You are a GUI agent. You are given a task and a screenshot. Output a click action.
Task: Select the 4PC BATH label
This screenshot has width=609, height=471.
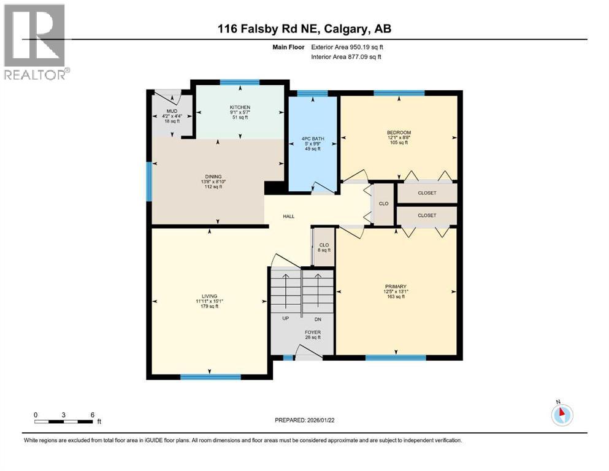point(313,139)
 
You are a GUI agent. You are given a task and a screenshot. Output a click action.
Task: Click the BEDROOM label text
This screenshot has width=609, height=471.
point(398,132)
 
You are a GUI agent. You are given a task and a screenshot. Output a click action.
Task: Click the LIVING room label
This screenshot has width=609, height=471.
point(209,296)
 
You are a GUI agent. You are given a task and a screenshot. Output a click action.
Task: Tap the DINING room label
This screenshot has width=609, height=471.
point(213,177)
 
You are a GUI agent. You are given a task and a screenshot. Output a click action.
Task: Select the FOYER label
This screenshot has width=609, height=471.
point(313,332)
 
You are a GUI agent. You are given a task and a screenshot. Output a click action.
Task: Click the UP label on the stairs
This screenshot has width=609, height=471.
point(285,319)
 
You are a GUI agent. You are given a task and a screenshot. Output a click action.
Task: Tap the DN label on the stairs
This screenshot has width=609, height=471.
point(317,319)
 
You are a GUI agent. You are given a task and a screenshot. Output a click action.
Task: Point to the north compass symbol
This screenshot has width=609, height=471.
point(562,414)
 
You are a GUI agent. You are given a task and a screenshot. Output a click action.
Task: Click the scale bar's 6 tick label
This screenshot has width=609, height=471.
point(92,415)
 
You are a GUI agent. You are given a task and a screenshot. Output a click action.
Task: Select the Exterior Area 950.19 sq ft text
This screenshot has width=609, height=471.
point(350,47)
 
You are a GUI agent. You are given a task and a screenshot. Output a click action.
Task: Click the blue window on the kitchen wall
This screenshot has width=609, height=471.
point(240,82)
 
